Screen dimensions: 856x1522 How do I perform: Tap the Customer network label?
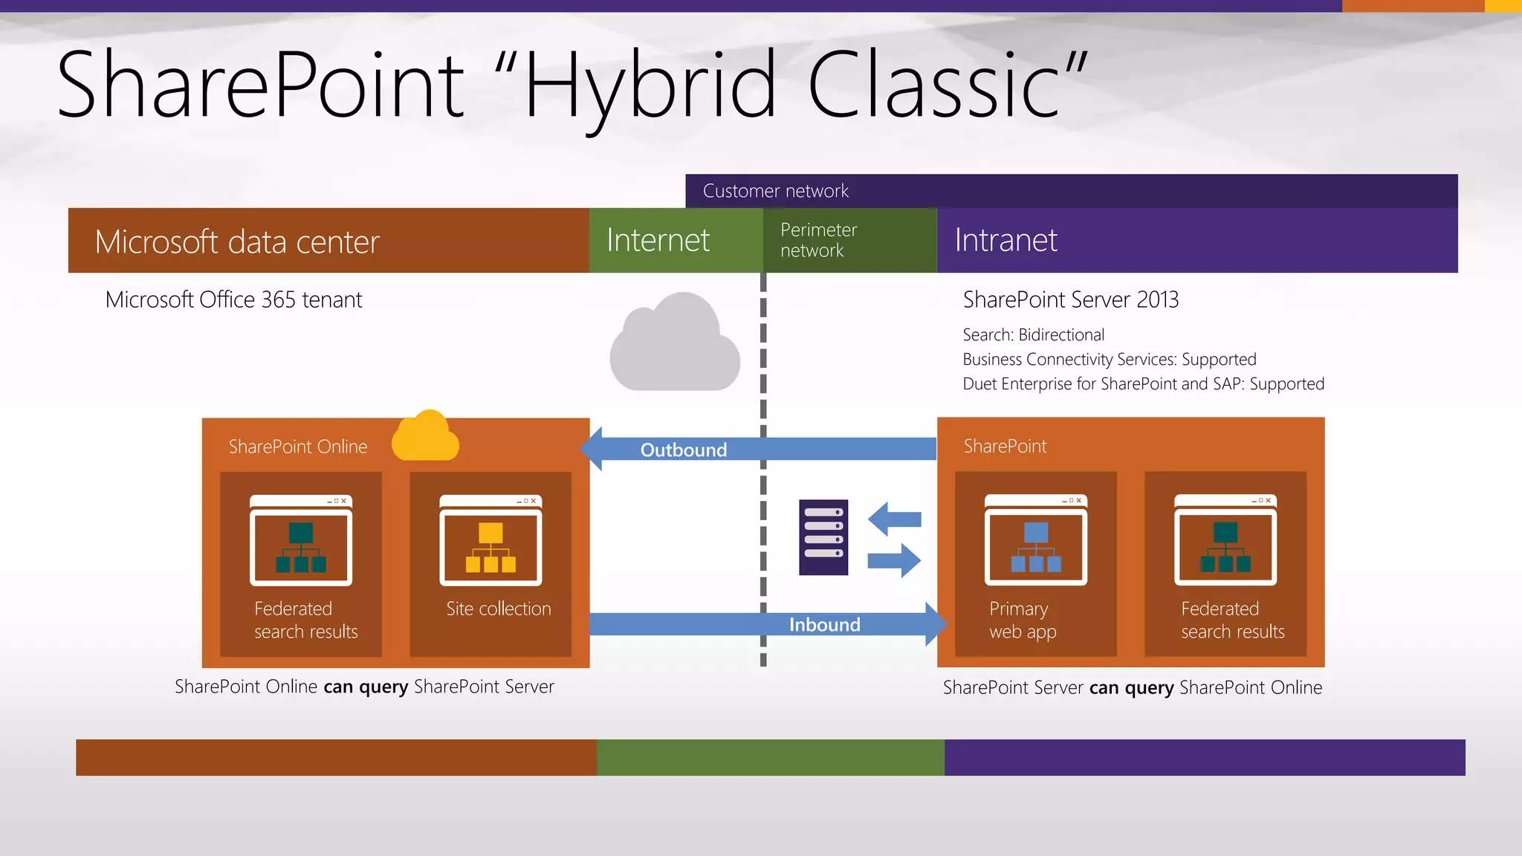click(x=775, y=191)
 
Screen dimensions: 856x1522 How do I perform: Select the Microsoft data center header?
click(x=237, y=241)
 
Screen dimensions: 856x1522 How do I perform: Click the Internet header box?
click(x=658, y=240)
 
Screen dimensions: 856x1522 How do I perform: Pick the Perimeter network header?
click(x=819, y=240)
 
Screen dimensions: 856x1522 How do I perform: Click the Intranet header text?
click(x=1006, y=240)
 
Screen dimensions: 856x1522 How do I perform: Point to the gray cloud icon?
click(x=674, y=344)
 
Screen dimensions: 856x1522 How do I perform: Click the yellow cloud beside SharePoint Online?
click(x=425, y=437)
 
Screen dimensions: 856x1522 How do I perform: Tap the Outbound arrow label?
click(x=684, y=450)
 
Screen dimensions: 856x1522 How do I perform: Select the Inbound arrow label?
click(x=824, y=625)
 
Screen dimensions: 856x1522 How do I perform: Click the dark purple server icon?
click(x=823, y=537)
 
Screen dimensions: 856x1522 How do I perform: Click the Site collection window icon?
click(x=490, y=541)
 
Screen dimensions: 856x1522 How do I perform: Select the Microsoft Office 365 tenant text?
click(x=233, y=299)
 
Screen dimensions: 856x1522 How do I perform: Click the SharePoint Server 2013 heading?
click(x=1070, y=299)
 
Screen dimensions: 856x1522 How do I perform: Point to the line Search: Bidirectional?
click(x=1033, y=335)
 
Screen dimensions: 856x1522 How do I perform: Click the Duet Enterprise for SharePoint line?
click(x=1143, y=384)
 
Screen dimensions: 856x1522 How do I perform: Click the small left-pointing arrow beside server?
click(x=894, y=519)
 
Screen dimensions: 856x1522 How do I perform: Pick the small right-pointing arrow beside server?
click(x=894, y=560)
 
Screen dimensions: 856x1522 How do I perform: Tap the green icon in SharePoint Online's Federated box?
click(x=301, y=548)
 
